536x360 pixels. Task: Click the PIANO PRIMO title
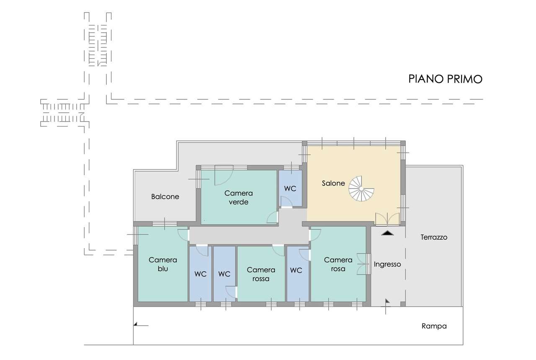[x=445, y=79]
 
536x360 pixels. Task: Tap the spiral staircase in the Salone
[x=361, y=189]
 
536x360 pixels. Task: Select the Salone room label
[x=333, y=183]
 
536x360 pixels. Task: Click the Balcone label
[x=165, y=197]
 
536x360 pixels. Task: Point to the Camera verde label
[x=239, y=198]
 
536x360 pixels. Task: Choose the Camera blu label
[x=163, y=264]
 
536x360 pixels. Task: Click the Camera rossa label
[x=261, y=274]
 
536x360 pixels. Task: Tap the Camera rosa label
[x=338, y=264]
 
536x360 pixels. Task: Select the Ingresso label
[x=387, y=264]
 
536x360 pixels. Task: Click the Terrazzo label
[x=434, y=237]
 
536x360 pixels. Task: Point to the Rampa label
[x=434, y=326]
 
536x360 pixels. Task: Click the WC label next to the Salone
[x=290, y=189]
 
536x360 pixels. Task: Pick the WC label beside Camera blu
[x=201, y=274]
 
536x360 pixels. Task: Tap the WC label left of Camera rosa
[x=296, y=270]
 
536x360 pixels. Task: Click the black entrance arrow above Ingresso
[x=387, y=233]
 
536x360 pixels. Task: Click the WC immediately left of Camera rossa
[x=224, y=274]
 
